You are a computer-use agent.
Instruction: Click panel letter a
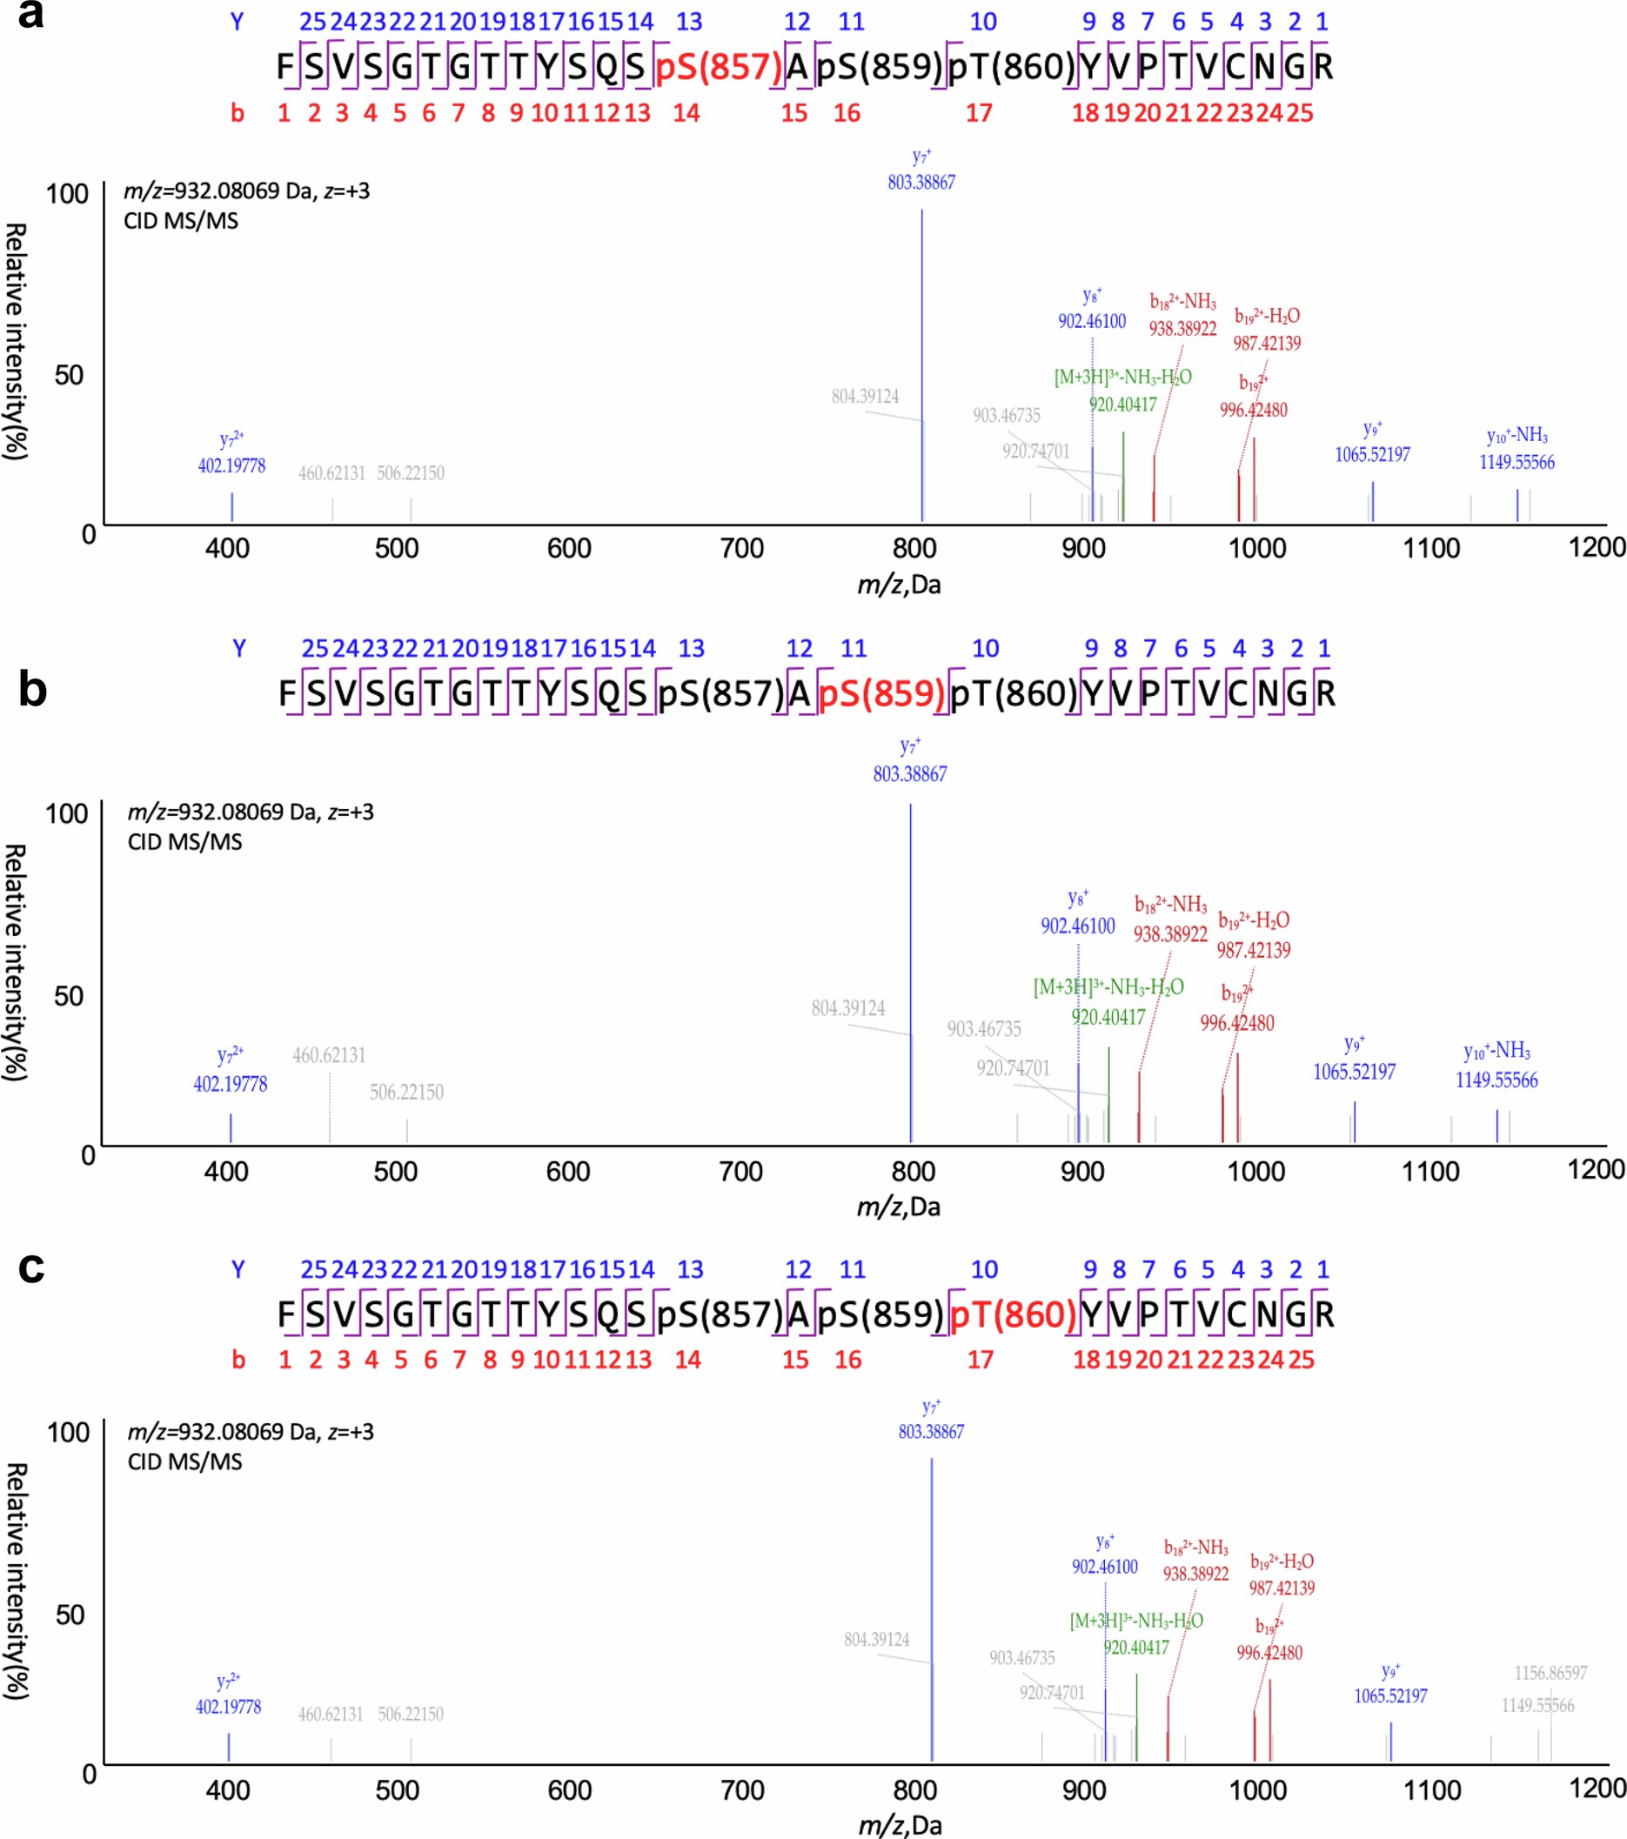pyautogui.click(x=30, y=16)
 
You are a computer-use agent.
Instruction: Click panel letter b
pyautogui.click(x=32, y=689)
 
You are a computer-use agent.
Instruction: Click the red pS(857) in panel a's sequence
pyautogui.click(x=718, y=68)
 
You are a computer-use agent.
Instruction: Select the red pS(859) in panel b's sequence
pyautogui.click(x=881, y=693)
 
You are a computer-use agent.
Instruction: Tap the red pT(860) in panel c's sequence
pyautogui.click(x=1013, y=1314)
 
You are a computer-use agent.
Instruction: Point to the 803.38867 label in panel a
pyautogui.click(x=921, y=183)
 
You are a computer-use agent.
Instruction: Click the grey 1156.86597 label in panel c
pyautogui.click(x=1550, y=1673)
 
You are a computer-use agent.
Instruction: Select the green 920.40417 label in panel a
pyautogui.click(x=1122, y=405)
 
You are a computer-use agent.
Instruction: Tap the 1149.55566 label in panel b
pyautogui.click(x=1496, y=1080)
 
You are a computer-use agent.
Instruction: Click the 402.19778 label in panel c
pyautogui.click(x=229, y=1707)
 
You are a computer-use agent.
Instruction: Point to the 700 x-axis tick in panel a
pyautogui.click(x=741, y=548)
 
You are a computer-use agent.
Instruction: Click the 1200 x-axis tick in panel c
pyautogui.click(x=1597, y=1788)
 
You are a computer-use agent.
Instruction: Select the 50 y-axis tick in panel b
pyautogui.click(x=69, y=996)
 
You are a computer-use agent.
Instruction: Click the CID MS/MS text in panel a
pyautogui.click(x=181, y=221)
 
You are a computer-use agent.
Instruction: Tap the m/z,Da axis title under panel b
pyautogui.click(x=898, y=1207)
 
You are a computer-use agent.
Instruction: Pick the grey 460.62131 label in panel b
pyautogui.click(x=329, y=1055)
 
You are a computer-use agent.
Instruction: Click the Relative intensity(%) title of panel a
pyautogui.click(x=16, y=342)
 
